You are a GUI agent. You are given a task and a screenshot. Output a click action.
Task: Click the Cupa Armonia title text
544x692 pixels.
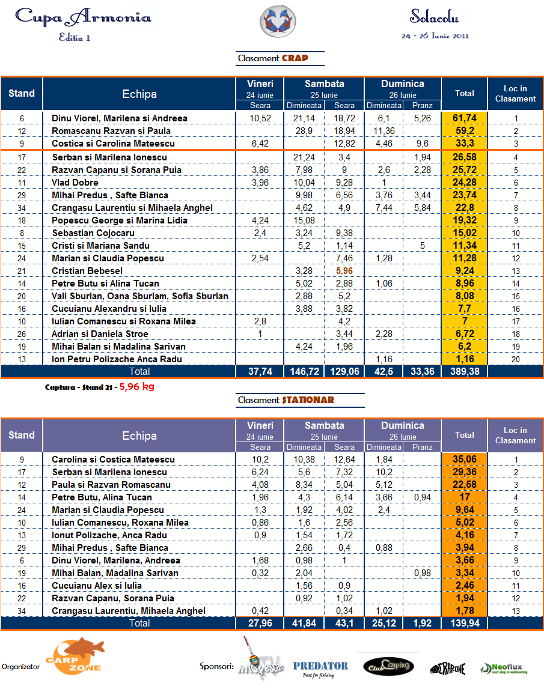point(83,17)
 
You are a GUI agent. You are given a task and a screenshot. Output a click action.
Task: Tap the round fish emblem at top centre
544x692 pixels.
point(277,20)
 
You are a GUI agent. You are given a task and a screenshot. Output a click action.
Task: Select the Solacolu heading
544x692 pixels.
point(435,16)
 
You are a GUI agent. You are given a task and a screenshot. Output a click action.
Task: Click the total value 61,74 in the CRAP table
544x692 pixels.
point(464,118)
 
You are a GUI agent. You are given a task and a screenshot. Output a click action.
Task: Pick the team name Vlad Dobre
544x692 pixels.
point(75,183)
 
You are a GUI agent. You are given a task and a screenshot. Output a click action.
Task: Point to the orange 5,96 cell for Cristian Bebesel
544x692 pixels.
point(344,271)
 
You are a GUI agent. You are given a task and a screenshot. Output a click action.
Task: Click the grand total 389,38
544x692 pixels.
point(464,372)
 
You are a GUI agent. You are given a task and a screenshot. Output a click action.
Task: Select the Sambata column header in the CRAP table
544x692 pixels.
point(324,84)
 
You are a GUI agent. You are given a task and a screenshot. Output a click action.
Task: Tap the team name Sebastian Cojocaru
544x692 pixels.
point(93,233)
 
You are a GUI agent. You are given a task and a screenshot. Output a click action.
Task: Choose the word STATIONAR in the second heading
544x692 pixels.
point(308,400)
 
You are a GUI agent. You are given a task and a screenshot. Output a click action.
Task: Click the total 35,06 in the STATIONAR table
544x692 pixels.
point(464,460)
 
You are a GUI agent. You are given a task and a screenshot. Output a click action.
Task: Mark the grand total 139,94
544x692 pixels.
point(464,624)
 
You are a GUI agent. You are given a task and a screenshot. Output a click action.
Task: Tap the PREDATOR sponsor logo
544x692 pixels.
point(320,666)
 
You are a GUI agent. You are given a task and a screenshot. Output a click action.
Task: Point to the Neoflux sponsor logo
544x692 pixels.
point(504,668)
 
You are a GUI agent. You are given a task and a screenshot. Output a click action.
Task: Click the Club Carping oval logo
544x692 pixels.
point(388,666)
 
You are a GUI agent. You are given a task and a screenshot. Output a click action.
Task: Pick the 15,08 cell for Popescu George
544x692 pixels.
point(304,220)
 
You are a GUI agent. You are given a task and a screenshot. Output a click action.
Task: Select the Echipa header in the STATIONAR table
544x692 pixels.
point(139,436)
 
